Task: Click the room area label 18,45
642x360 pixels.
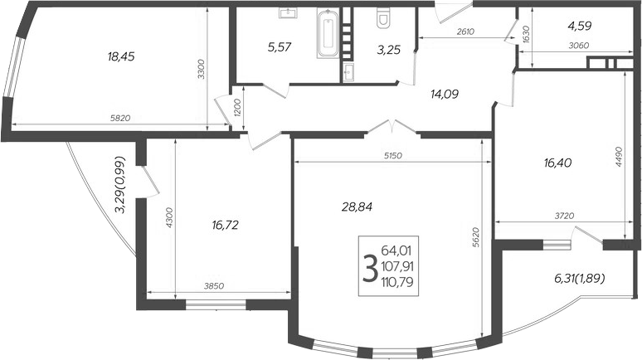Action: pyautogui.click(x=121, y=57)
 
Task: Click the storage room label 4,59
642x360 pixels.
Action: pyautogui.click(x=580, y=26)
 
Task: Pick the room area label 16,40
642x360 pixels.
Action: pyautogui.click(x=562, y=164)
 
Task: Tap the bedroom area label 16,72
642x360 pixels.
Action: pyautogui.click(x=227, y=224)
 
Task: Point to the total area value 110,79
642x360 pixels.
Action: pyautogui.click(x=398, y=284)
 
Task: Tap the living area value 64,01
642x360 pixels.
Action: pyautogui.click(x=398, y=251)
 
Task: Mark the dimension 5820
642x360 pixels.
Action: pyautogui.click(x=120, y=118)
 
